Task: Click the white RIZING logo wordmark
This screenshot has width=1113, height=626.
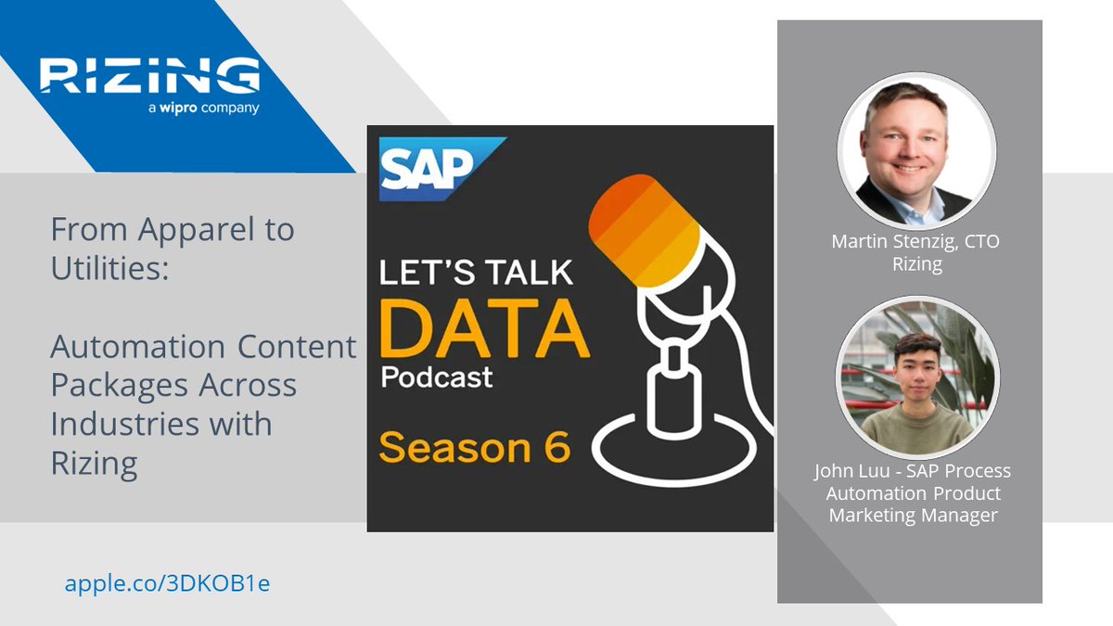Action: tap(149, 76)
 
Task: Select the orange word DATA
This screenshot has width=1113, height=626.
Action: tap(482, 330)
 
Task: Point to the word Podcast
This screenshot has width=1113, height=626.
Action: tap(436, 377)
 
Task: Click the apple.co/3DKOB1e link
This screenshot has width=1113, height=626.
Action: tap(167, 583)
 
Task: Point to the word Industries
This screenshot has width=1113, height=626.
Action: tap(129, 424)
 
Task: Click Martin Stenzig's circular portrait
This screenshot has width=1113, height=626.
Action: tap(915, 153)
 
